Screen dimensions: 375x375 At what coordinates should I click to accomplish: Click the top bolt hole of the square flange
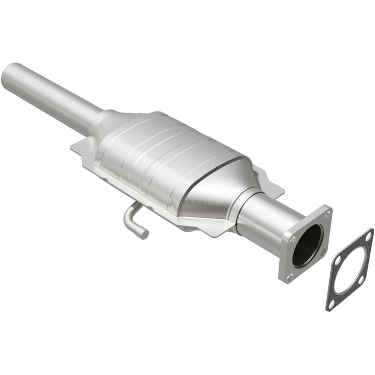coord(327,214)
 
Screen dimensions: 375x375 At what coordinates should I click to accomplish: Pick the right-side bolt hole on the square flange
coord(323,251)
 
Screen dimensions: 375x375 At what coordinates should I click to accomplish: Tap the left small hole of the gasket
coord(338,259)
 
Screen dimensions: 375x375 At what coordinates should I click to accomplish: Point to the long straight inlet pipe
coord(52,96)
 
